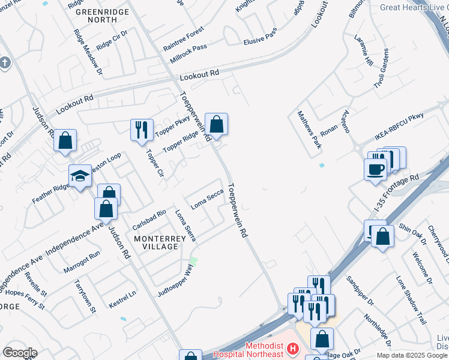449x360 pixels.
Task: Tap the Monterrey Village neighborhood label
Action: (156, 242)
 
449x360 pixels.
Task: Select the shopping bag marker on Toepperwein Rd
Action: (217, 124)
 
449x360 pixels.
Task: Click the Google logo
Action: (20, 353)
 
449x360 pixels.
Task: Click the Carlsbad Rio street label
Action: (149, 220)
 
